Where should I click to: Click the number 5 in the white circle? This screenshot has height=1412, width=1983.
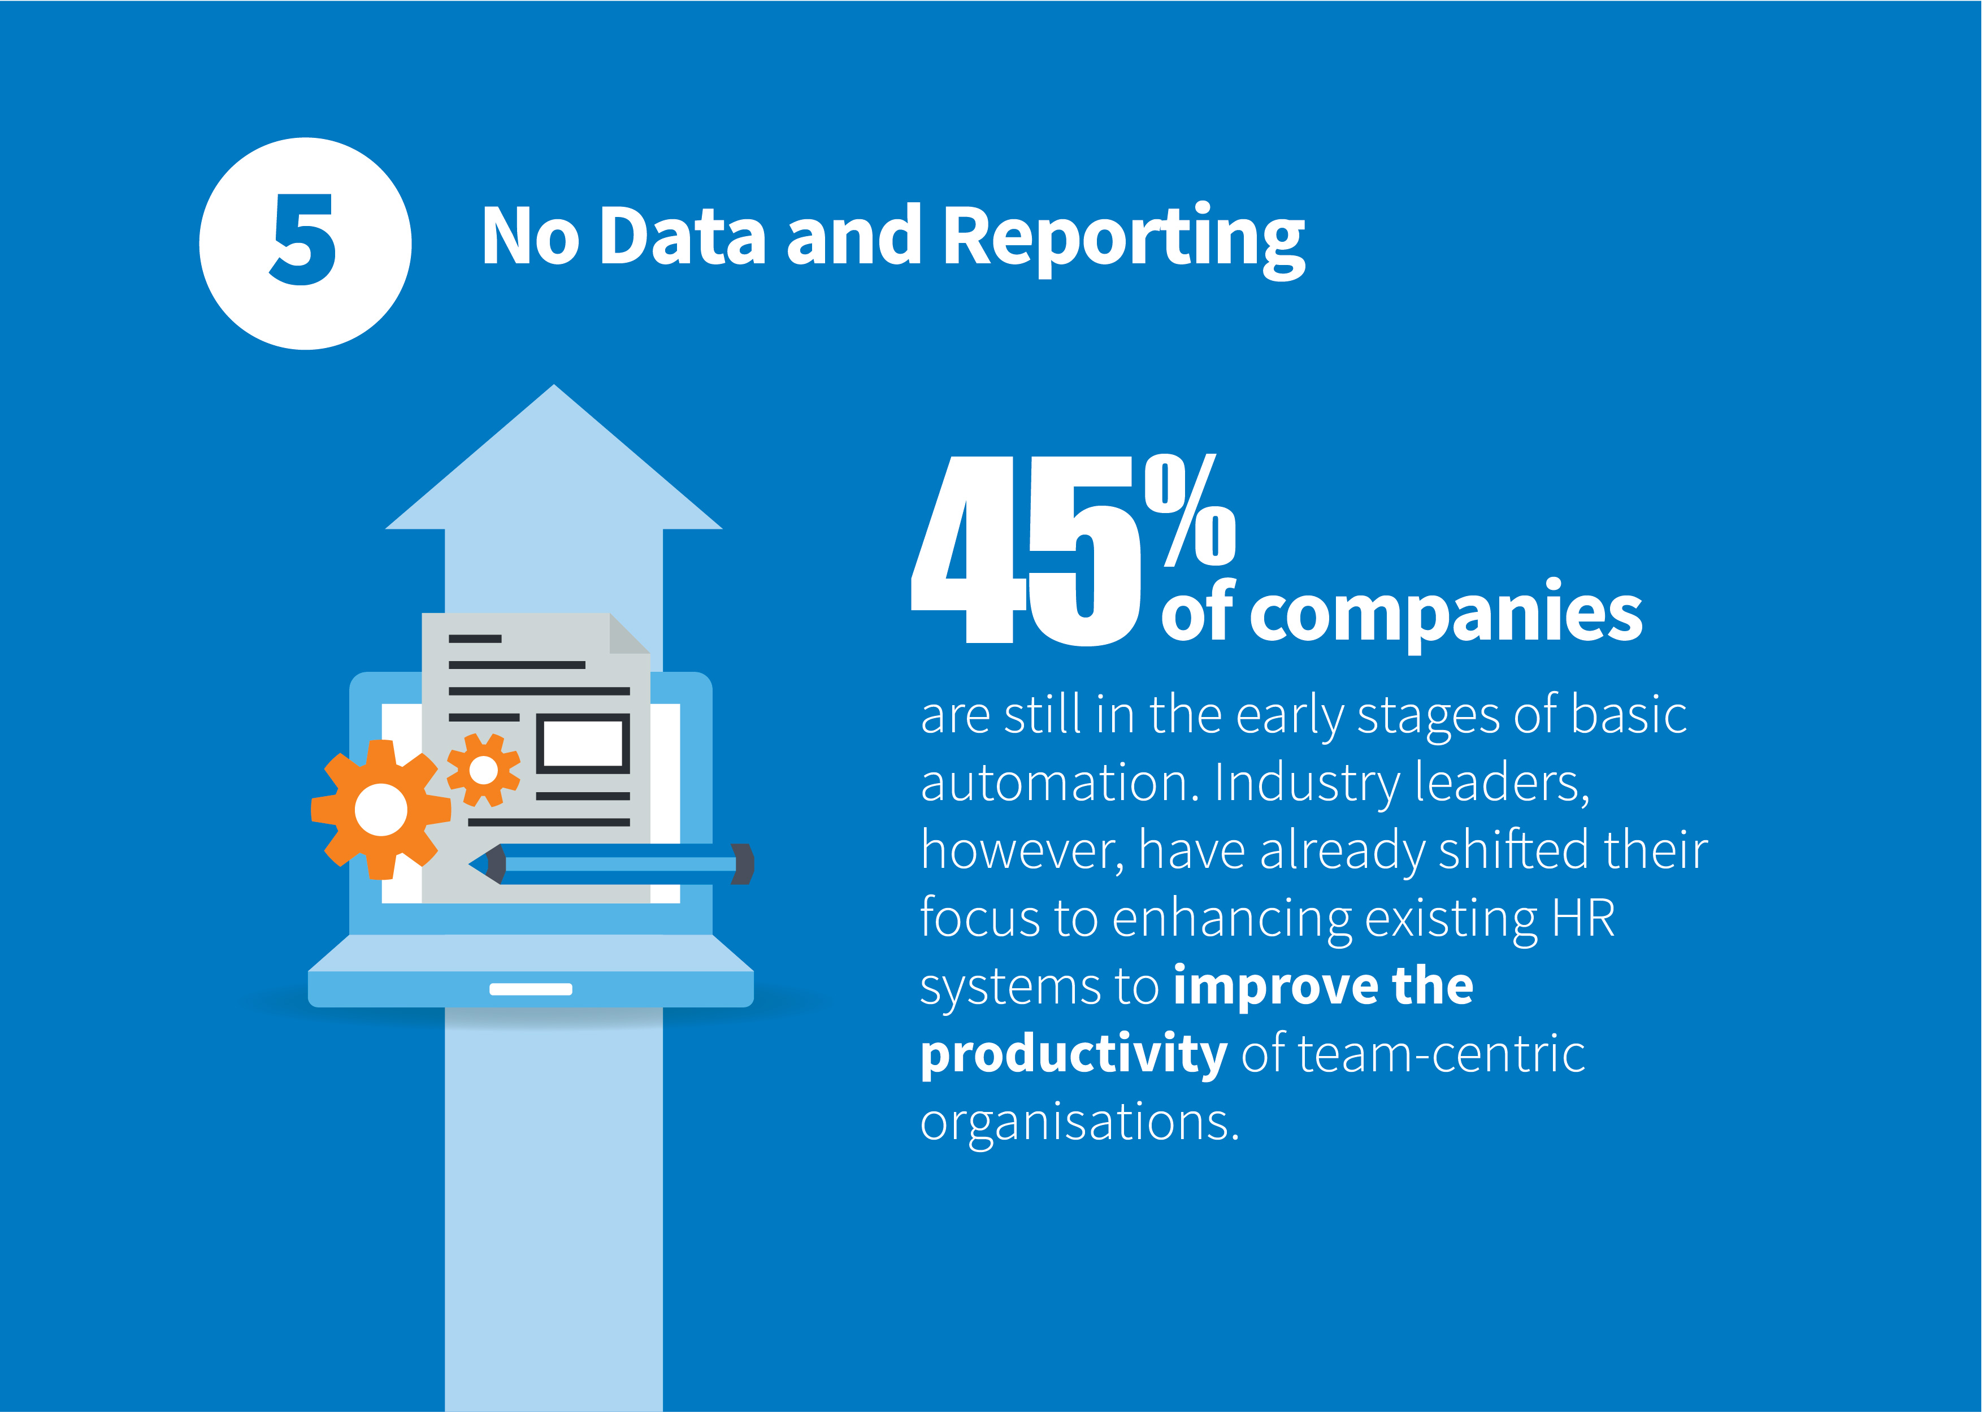click(303, 240)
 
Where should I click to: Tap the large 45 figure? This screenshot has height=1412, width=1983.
click(1026, 551)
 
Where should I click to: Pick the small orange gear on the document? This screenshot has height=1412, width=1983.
click(483, 770)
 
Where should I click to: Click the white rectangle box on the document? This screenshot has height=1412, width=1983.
click(583, 744)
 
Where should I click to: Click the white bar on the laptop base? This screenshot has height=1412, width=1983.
click(530, 989)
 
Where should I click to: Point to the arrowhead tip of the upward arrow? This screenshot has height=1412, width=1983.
click(554, 385)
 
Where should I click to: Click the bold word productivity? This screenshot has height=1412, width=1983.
click(1074, 1055)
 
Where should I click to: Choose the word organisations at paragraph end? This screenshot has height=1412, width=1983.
click(1079, 1123)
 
